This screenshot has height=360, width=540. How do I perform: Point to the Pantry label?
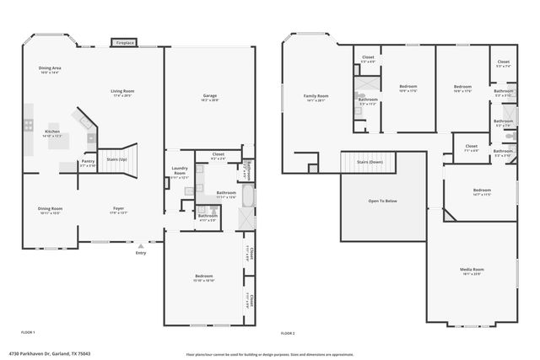[x=88, y=163]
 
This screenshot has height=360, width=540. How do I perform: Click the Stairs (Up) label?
[x=116, y=159]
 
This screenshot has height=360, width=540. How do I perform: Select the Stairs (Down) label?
[x=369, y=161]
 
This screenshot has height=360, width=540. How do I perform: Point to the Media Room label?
[x=472, y=270]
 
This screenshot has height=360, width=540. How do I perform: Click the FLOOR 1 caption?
[x=28, y=331]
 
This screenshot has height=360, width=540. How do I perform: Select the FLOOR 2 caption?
[x=289, y=331]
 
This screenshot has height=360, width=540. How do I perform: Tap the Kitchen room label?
[x=52, y=133]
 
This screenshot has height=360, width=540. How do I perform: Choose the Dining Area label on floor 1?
[x=50, y=69]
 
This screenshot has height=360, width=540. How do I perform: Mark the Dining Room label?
[x=50, y=209]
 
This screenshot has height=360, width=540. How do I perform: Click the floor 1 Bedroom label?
[x=203, y=277]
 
